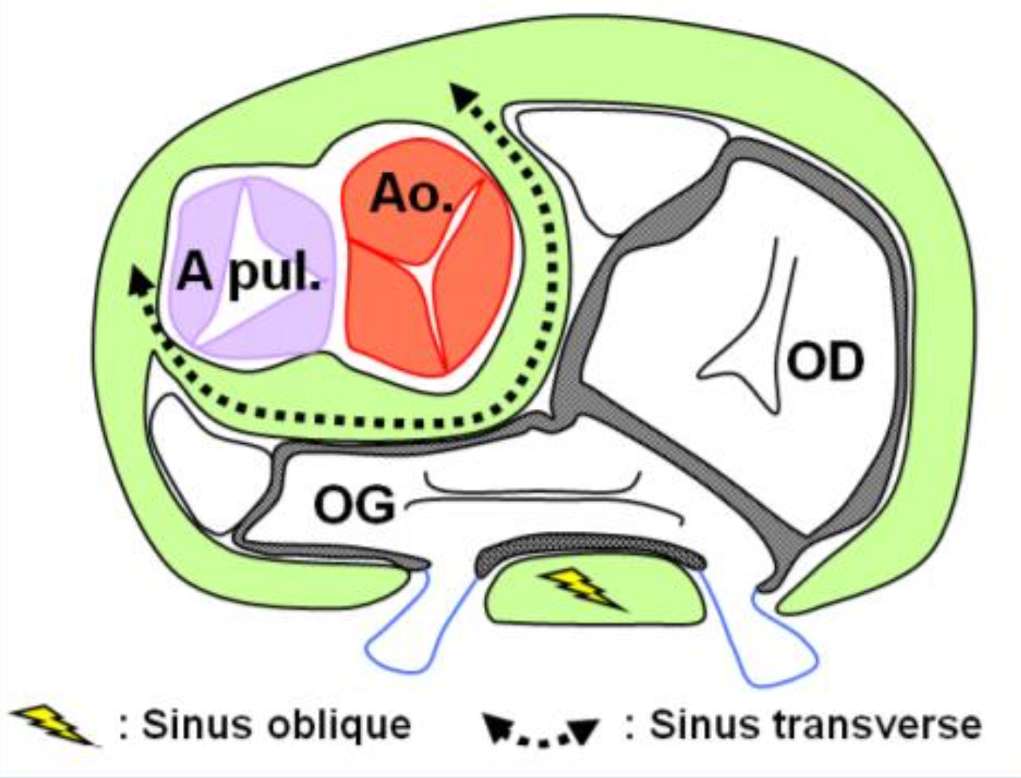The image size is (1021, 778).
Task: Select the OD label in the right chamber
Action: (x=826, y=362)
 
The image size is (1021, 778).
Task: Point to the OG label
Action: (x=355, y=505)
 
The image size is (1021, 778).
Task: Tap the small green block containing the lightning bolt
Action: (x=527, y=603)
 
